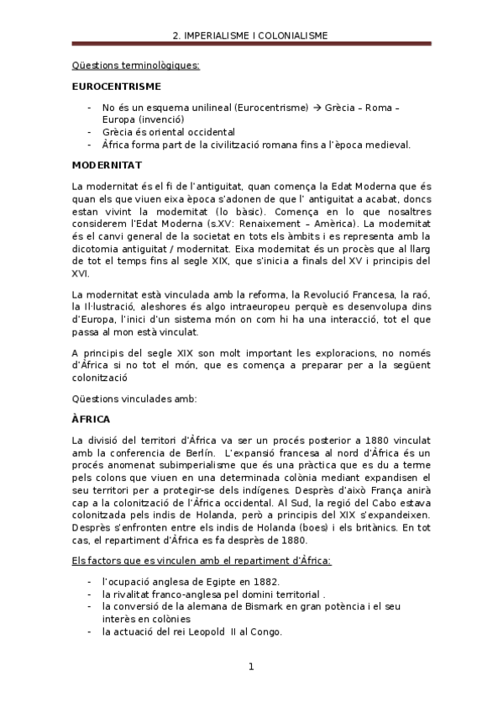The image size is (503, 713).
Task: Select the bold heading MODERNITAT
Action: pos(107,165)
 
